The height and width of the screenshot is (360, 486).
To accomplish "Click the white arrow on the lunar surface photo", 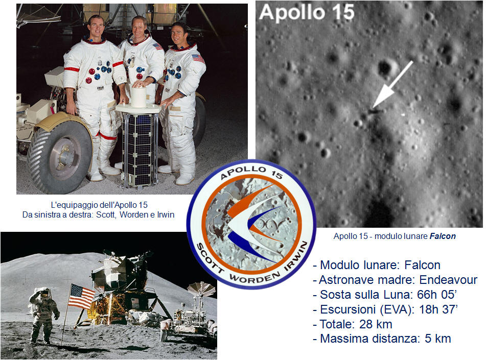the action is (392, 85).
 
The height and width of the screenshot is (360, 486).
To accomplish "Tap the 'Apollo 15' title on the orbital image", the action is (307, 13).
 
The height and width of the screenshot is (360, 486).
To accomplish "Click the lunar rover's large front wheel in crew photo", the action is (60, 157).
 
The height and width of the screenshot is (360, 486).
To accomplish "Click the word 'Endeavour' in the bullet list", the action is (448, 280).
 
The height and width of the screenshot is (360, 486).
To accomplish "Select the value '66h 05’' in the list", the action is (437, 294).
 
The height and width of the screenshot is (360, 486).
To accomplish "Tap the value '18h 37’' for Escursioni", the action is (438, 309).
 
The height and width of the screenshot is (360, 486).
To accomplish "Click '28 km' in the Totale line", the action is (376, 324).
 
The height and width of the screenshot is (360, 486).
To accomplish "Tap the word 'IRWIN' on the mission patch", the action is (296, 256).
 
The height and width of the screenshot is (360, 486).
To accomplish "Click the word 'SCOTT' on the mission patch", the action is (210, 258).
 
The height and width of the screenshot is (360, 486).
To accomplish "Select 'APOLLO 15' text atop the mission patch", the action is (251, 172).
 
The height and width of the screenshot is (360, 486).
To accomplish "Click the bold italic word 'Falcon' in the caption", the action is (442, 236).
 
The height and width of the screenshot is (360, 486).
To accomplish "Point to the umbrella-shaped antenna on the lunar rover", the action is (201, 289).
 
